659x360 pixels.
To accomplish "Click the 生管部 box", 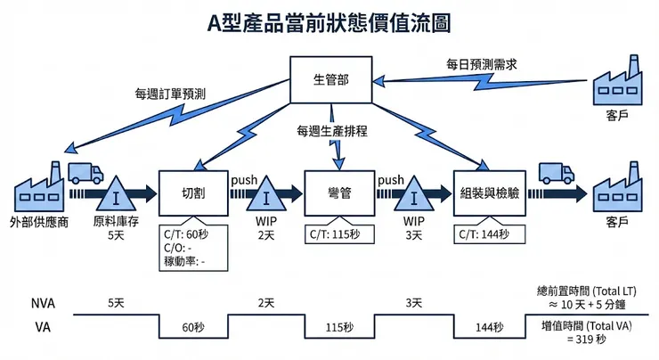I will pos(331,79).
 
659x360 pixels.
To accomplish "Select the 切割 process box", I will pos(192,193).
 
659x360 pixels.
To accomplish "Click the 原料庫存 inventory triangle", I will pos(115,193).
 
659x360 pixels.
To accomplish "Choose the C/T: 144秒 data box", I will pos(485,234).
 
